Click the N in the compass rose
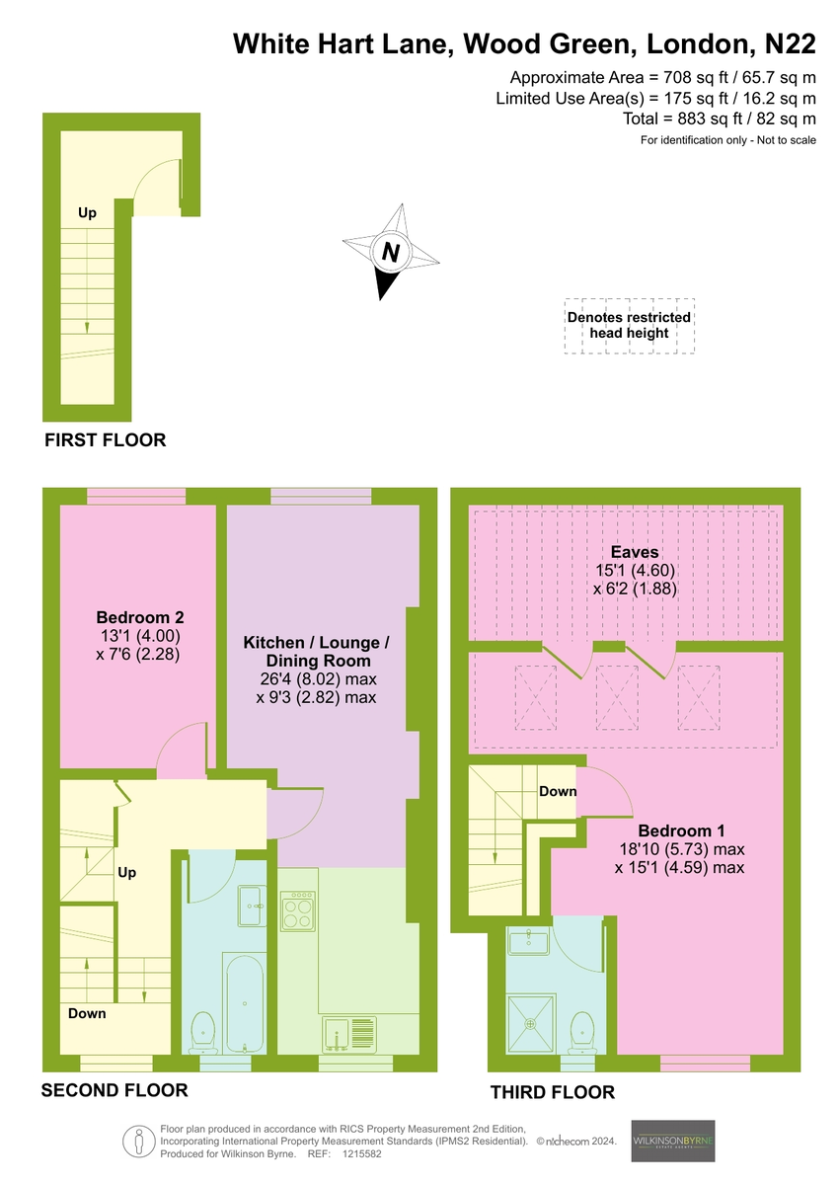tap(391, 253)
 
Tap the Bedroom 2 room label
tap(140, 617)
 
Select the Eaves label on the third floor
tap(635, 552)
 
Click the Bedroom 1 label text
tap(681, 830)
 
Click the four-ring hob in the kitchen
tap(298, 911)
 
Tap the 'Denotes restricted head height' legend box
tap(629, 325)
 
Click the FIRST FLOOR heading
tap(106, 440)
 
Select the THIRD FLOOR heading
tap(553, 1092)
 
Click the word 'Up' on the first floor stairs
tap(87, 212)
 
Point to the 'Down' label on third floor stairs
tap(558, 791)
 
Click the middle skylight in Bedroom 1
tap(617, 697)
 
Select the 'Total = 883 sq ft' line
tap(719, 118)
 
